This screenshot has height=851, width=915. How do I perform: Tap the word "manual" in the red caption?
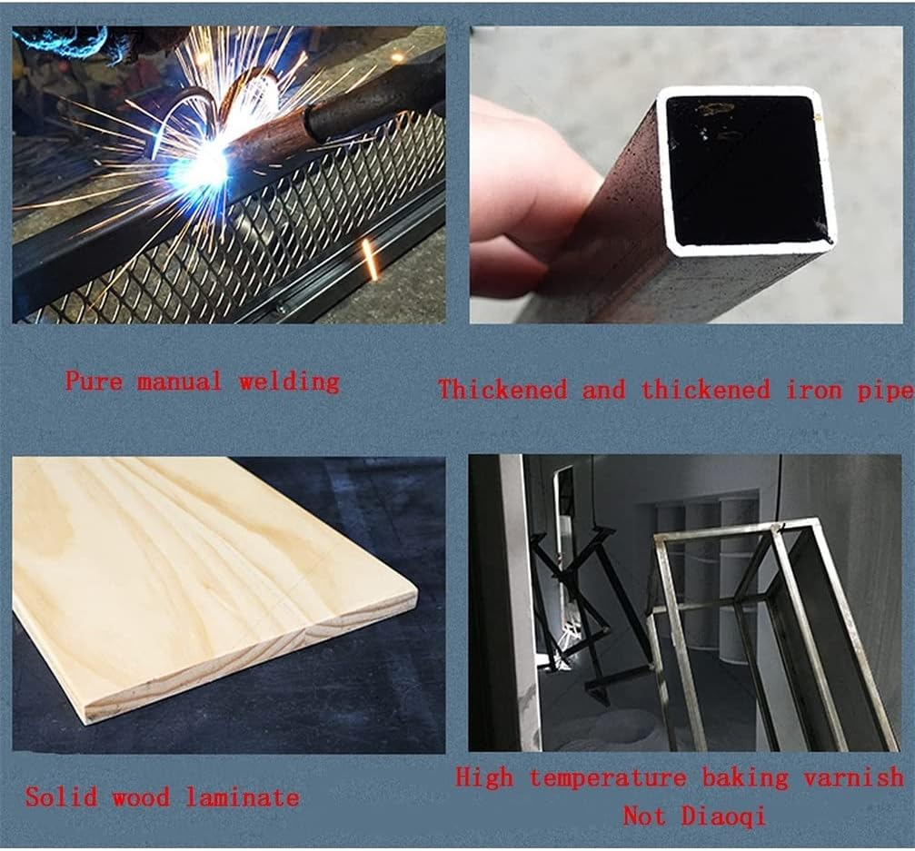(180, 382)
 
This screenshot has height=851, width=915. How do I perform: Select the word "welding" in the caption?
(289, 382)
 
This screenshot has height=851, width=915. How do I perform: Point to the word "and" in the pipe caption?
(604, 390)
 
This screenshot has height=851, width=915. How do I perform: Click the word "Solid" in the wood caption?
(61, 797)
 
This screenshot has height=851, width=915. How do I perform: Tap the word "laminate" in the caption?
(243, 797)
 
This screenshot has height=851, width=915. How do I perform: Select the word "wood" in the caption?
(141, 797)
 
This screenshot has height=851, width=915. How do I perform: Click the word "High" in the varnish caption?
(484, 777)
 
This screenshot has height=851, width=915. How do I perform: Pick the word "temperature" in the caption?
(608, 778)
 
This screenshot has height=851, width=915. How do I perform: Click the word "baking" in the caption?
(744, 778)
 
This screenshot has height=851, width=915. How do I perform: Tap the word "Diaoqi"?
(723, 816)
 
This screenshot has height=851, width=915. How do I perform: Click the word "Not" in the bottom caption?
(644, 816)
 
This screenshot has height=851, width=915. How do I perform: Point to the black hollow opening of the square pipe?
(745, 171)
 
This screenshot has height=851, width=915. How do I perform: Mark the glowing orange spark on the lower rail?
(370, 258)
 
